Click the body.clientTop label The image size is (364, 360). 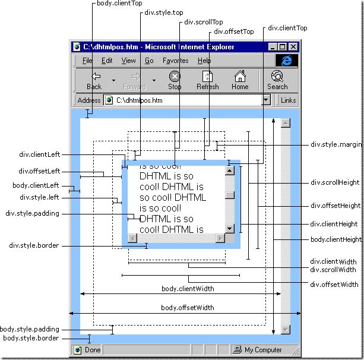[x=119, y=3]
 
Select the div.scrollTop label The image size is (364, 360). [x=203, y=22]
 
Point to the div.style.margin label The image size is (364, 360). [x=336, y=144]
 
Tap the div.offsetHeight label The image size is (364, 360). [x=335, y=206]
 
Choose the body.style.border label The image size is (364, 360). [x=31, y=338]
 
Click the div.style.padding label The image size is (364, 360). [x=32, y=213]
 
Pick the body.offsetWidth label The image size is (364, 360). [x=188, y=308]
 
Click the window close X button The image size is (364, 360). [x=293, y=47]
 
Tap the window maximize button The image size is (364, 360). [x=283, y=47]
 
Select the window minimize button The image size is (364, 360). [x=273, y=47]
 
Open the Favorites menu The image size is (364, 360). [x=176, y=61]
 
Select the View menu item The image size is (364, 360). [x=129, y=61]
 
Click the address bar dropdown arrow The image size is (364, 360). [x=266, y=100]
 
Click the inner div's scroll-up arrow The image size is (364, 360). [x=230, y=170]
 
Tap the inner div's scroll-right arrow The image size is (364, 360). [x=220, y=238]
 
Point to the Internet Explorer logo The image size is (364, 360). [x=287, y=61]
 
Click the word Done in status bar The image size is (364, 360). [x=93, y=350]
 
